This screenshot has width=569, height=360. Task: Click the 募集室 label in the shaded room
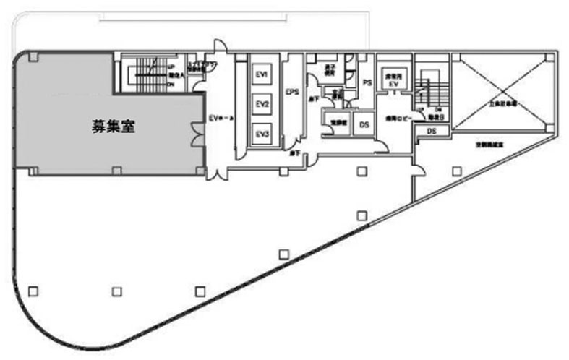tap(114, 125)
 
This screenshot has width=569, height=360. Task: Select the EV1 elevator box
tap(261, 76)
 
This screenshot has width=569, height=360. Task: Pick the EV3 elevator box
tap(261, 134)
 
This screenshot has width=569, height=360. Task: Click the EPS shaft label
tap(292, 93)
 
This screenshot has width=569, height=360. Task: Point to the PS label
tap(367, 83)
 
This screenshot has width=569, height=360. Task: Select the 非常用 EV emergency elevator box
tap(393, 80)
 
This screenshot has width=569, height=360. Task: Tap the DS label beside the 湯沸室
tap(364, 125)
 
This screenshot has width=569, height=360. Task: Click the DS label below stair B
tap(431, 131)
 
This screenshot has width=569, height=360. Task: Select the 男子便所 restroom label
tap(329, 72)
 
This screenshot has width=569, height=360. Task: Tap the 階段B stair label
tap(435, 117)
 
